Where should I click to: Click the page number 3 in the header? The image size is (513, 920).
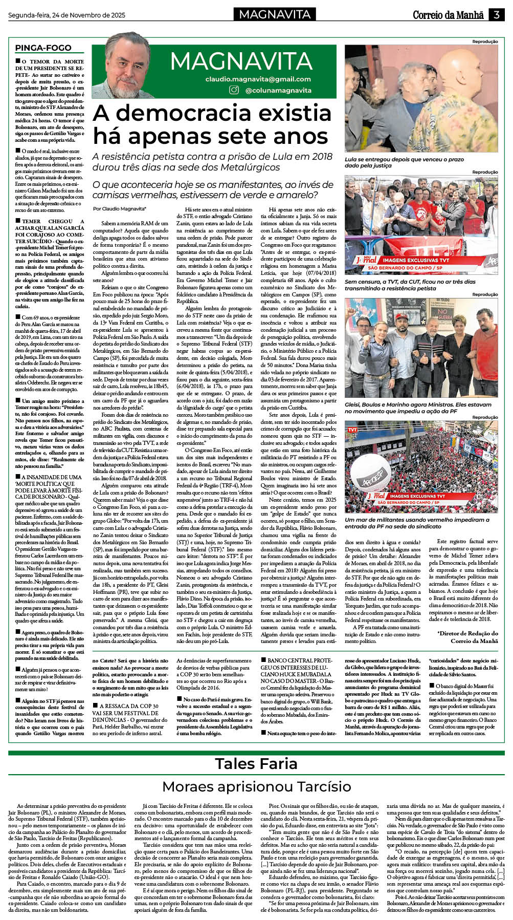(x=496, y=15)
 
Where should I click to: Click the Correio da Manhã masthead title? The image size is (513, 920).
(x=448, y=15)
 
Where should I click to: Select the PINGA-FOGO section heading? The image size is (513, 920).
(x=43, y=48)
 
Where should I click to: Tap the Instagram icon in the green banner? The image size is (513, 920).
(x=234, y=90)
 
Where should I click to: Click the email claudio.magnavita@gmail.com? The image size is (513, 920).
(x=258, y=79)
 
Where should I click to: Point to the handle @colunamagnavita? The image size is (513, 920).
(x=278, y=90)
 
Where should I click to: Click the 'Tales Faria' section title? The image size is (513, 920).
(x=256, y=763)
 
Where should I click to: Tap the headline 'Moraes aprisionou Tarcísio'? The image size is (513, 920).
(x=256, y=786)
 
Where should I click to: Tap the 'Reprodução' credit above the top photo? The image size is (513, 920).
(x=484, y=41)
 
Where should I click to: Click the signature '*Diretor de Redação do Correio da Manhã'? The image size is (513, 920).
(x=467, y=637)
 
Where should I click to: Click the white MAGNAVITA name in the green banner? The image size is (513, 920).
(x=241, y=61)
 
